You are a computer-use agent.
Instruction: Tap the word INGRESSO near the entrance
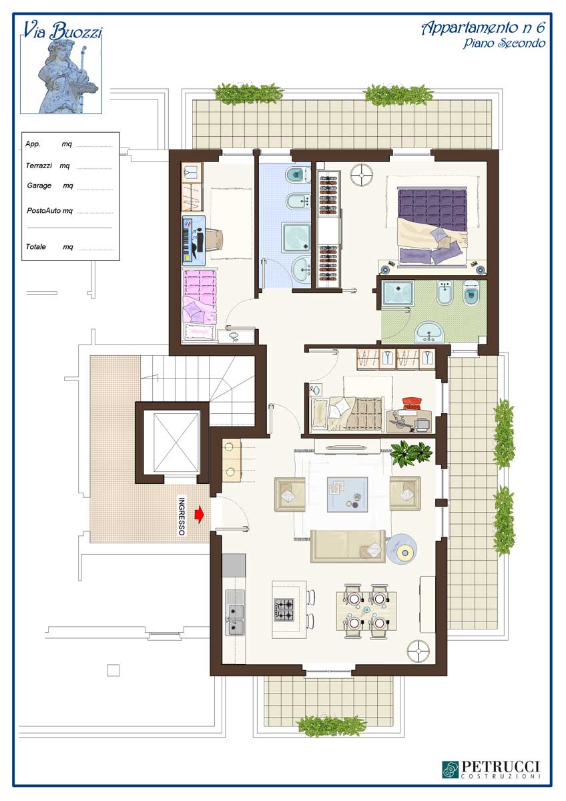pyautogui.click(x=182, y=517)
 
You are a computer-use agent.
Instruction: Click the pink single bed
pyautogui.click(x=200, y=306)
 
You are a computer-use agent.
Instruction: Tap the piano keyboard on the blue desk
pyautogui.click(x=187, y=238)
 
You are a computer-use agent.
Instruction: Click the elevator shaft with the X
pyautogui.click(x=176, y=443)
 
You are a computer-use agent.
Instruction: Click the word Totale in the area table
pyautogui.click(x=36, y=246)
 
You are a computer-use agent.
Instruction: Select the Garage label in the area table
pyautogui.click(x=39, y=186)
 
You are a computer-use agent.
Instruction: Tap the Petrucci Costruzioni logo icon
pyautogui.click(x=451, y=770)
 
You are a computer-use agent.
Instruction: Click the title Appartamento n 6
pyautogui.click(x=483, y=28)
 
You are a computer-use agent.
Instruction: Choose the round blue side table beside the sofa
pyautogui.click(x=402, y=549)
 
